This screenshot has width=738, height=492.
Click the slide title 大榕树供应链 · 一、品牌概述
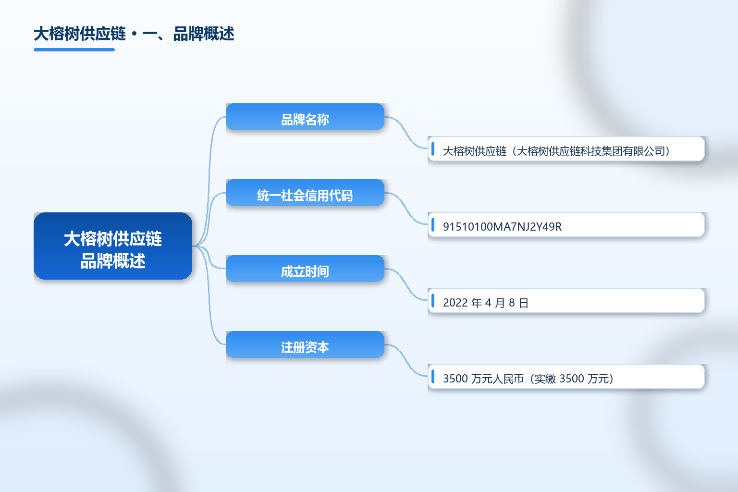134,34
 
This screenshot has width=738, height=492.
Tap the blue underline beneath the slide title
74,50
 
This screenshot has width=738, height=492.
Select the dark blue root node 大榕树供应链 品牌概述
113,246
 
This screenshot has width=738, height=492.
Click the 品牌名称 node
305,117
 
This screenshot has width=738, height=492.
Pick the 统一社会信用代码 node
305,193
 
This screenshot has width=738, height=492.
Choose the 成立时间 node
305,269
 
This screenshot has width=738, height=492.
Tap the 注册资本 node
305,344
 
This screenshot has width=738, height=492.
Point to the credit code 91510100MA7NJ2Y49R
502,227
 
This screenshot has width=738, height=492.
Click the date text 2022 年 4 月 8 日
486,303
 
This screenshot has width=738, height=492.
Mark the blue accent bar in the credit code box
433,225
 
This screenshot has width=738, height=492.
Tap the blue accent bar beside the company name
433,148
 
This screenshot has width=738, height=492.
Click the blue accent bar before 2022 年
433,301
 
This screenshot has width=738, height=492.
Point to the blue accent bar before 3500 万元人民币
433,376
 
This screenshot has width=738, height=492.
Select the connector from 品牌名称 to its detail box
406,133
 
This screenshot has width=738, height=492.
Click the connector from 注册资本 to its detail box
406,360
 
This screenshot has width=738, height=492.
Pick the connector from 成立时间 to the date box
406,284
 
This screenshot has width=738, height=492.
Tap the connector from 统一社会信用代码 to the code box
406,209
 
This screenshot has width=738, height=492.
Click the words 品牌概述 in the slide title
204,34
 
